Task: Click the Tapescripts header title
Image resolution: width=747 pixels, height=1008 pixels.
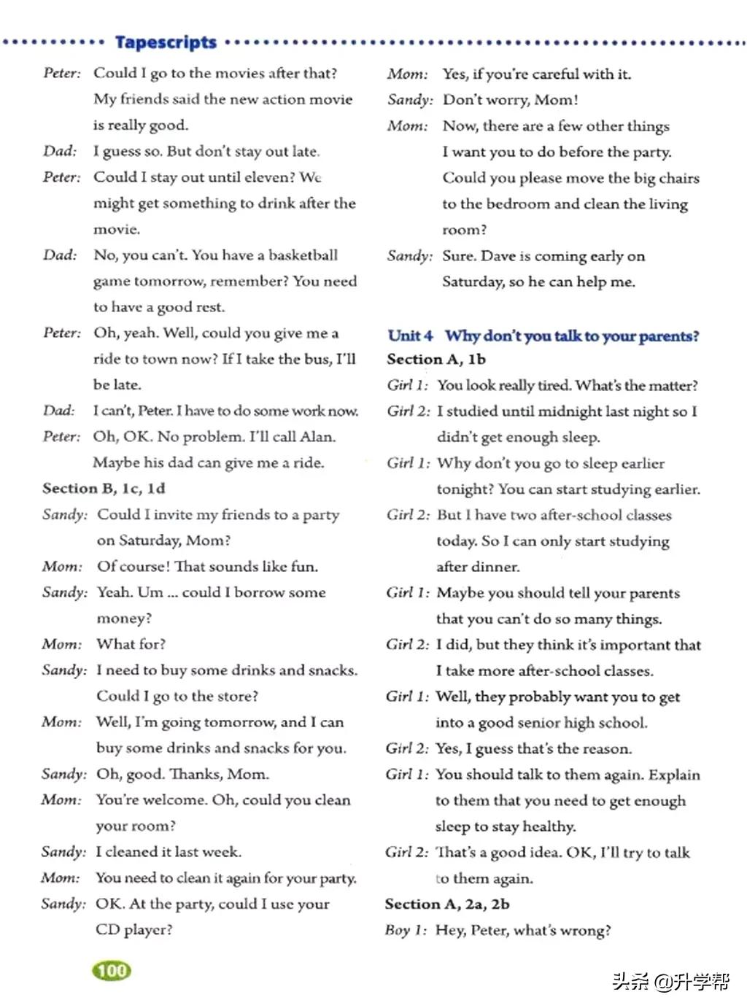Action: (166, 42)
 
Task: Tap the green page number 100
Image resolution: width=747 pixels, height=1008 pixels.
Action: (112, 970)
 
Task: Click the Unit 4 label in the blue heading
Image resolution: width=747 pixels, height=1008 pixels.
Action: (410, 336)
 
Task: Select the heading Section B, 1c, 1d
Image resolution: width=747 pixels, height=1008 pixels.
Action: (104, 488)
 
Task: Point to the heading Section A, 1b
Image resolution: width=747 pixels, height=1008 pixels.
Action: (436, 359)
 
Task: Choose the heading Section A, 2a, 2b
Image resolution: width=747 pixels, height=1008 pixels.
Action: (447, 904)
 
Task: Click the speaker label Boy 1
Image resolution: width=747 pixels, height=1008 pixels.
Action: (406, 930)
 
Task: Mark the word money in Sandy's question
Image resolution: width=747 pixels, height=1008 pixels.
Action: (123, 618)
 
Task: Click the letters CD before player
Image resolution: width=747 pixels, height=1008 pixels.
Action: (107, 929)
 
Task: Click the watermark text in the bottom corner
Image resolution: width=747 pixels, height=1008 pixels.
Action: (670, 981)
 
